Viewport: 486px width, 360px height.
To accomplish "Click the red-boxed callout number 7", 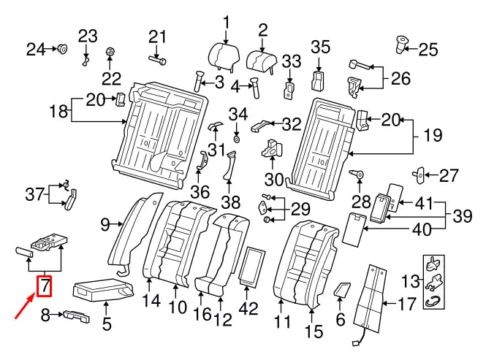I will click(x=45, y=285).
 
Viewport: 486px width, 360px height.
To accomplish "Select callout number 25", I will click(x=428, y=50).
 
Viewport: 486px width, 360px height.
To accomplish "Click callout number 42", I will click(x=249, y=309).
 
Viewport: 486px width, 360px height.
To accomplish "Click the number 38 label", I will click(x=230, y=201).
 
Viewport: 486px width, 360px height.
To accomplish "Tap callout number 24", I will click(x=36, y=50).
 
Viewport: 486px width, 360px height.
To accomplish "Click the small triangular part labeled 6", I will click(x=341, y=290).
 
